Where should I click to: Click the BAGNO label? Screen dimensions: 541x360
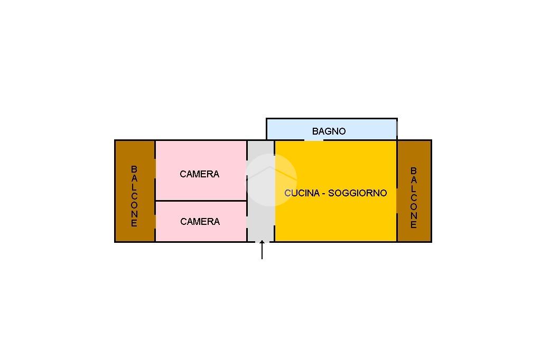[329, 131]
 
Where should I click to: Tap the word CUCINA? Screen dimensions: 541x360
[302, 193]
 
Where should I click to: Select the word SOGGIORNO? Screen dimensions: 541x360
[358, 193]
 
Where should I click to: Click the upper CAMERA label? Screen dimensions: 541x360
[199, 174]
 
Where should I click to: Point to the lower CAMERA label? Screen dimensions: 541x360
[200, 221]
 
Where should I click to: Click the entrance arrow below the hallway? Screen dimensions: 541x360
[262, 250]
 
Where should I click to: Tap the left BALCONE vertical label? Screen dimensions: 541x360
[134, 196]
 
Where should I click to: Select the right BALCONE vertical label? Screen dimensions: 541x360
[413, 197]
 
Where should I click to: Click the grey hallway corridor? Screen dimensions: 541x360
[261, 191]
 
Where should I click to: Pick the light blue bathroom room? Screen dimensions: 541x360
[332, 129]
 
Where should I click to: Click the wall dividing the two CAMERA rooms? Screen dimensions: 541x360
[201, 201]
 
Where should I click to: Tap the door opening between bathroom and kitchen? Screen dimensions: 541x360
[314, 140]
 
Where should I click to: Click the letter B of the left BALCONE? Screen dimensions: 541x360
[134, 169]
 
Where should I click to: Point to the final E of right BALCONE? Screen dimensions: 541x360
[413, 225]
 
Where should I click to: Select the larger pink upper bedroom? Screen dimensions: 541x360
[201, 170]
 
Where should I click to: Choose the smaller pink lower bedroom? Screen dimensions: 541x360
[201, 221]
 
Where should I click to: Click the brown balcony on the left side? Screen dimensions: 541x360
[135, 191]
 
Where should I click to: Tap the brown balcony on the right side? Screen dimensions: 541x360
[414, 191]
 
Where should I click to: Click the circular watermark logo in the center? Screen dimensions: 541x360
[271, 180]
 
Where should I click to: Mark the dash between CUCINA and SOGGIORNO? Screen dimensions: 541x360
[324, 193]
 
